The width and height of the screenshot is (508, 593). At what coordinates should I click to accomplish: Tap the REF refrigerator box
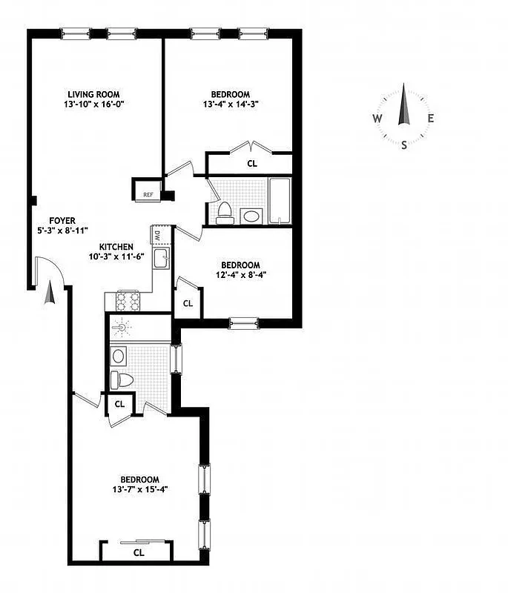148,195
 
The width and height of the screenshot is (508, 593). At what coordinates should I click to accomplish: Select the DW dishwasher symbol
158,236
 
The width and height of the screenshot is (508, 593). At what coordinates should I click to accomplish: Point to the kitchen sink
160,259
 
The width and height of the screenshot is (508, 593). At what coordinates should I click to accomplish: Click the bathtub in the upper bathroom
280,200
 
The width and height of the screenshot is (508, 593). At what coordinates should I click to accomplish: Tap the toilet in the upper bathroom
225,213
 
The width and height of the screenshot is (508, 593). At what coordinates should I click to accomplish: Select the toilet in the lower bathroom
123,380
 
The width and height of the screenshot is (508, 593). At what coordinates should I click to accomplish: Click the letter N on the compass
403,88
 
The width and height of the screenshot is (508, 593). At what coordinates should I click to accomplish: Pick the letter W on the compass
377,119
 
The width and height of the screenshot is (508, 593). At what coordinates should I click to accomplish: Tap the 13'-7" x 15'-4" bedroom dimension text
140,489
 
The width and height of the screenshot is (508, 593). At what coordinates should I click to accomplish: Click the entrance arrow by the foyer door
50,294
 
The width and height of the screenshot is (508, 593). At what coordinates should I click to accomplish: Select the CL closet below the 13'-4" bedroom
252,164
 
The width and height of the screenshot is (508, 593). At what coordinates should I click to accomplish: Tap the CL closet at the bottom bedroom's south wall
138,552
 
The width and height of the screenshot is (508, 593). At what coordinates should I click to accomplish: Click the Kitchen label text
117,247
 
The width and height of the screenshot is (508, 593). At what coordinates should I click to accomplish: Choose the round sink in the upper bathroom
251,216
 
